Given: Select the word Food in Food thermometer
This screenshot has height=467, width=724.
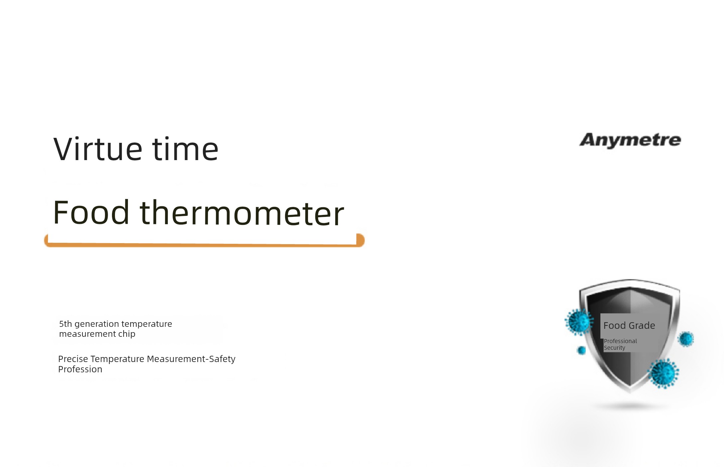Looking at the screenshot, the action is click(x=91, y=212).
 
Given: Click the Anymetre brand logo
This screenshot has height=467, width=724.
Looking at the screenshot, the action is click(x=630, y=140).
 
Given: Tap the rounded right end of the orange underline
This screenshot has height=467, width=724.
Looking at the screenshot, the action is click(x=361, y=240).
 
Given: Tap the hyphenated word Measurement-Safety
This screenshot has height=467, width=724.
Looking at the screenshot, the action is click(x=191, y=359).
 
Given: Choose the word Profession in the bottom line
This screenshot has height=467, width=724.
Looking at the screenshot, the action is click(x=80, y=369).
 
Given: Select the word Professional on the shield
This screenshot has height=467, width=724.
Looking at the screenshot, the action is click(x=620, y=341).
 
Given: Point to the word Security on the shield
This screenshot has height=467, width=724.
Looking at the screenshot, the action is click(x=614, y=348).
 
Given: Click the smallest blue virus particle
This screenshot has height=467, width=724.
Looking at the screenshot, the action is click(x=581, y=350).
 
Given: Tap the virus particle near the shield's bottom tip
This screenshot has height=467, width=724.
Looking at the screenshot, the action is click(x=664, y=373).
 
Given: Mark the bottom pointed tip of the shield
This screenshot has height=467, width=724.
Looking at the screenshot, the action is click(x=630, y=392).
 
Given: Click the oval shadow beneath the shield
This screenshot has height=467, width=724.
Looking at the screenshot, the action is click(x=630, y=406).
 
